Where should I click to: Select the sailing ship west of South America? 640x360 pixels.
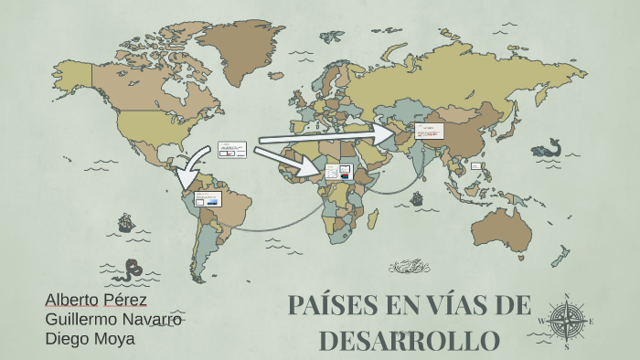pyautogui.click(x=125, y=223)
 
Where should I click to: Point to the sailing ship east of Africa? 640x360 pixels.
pyautogui.click(x=417, y=197)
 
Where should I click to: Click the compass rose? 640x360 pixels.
pyautogui.click(x=567, y=321)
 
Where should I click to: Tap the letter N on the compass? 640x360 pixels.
pyautogui.click(x=567, y=296)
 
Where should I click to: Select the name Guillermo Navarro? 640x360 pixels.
pyautogui.click(x=114, y=320)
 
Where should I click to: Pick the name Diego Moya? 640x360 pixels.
pyautogui.click(x=90, y=339)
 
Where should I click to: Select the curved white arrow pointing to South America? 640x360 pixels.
pyautogui.click(x=190, y=169)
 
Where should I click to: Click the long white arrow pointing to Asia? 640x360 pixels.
pyautogui.click(x=329, y=136)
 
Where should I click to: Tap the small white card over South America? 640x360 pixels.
pyautogui.click(x=208, y=198)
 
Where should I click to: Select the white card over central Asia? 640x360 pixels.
pyautogui.click(x=428, y=131)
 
